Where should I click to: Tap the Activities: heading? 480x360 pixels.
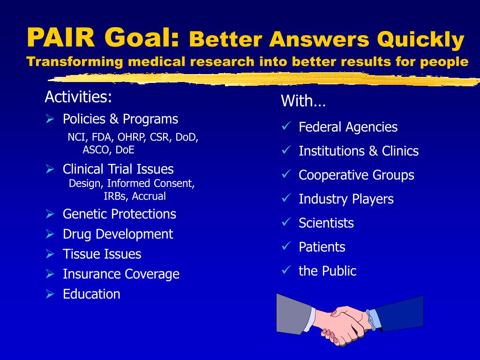[78, 97]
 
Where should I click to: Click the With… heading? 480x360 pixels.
[303, 101]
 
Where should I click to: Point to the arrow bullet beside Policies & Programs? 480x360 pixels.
[50, 119]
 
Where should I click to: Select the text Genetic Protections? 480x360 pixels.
[119, 214]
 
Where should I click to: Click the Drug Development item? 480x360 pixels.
[118, 234]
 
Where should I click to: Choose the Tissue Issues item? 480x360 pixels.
[102, 254]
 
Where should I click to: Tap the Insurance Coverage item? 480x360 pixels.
[121, 274]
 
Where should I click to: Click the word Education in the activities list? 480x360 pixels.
[91, 294]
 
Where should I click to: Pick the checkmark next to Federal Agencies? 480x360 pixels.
[286, 126]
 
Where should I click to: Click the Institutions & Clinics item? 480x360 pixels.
[359, 151]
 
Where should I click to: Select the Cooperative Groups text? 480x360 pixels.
[356, 175]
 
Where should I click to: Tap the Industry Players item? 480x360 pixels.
[346, 199]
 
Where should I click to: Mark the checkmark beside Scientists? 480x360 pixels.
[286, 222]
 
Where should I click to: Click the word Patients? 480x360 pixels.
[322, 247]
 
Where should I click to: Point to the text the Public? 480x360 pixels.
[327, 271]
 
